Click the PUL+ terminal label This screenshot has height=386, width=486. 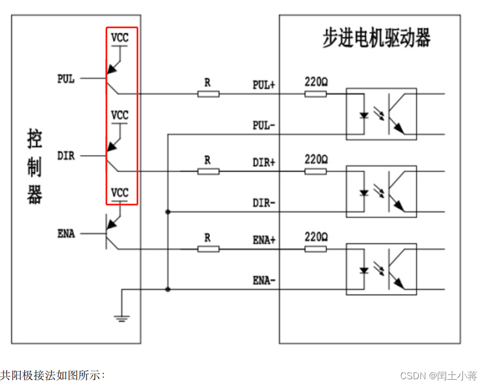(264, 85)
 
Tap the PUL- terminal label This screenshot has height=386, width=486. (264, 125)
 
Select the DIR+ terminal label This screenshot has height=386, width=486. (264, 163)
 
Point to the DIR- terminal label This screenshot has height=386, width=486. (264, 203)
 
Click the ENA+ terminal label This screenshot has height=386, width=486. (264, 240)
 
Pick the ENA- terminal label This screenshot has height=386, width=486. (264, 280)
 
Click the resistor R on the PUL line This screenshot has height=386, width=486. (208, 94)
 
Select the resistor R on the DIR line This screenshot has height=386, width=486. (208, 171)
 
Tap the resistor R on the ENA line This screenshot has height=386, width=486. (208, 249)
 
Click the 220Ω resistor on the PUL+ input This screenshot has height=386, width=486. (316, 94)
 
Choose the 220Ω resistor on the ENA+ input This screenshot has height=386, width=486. (316, 249)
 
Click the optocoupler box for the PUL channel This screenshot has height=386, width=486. (381, 113)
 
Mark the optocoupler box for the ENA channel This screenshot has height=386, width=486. (381, 269)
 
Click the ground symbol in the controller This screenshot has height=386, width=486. (121, 318)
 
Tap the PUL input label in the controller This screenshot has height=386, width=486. (66, 79)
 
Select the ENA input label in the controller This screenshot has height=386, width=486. (66, 233)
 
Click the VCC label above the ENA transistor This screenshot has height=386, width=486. (120, 192)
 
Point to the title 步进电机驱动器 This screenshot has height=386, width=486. (376, 38)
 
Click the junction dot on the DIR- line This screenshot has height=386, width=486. (167, 212)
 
